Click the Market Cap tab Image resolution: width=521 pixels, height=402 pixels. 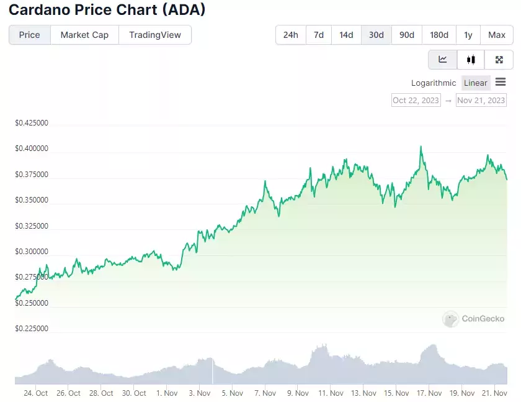(x=84, y=35)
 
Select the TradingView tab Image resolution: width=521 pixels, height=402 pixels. (x=155, y=35)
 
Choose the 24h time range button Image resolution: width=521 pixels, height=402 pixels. (x=291, y=35)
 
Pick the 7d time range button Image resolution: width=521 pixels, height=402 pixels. (x=319, y=35)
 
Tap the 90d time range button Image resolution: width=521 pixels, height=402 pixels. (x=407, y=35)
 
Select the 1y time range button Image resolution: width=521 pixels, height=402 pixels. (x=468, y=35)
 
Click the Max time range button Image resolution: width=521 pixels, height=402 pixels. (x=497, y=35)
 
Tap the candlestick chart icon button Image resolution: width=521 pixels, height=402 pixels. (x=471, y=60)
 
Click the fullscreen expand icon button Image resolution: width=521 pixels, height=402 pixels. (x=499, y=60)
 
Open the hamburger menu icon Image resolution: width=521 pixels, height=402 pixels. (x=501, y=82)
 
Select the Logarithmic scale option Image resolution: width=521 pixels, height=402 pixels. (x=434, y=83)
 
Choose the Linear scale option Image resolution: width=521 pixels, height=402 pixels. (x=476, y=83)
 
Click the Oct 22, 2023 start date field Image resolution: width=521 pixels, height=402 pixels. (x=416, y=100)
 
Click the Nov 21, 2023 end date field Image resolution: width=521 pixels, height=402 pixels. (x=481, y=100)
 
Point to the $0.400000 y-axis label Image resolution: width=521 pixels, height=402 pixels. (x=32, y=148)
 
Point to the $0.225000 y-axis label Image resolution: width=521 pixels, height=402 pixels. (x=32, y=329)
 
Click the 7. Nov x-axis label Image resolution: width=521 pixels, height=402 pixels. (x=265, y=393)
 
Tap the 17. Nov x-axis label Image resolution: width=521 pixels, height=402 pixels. (x=429, y=393)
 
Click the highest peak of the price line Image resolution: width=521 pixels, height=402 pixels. (x=421, y=147)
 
